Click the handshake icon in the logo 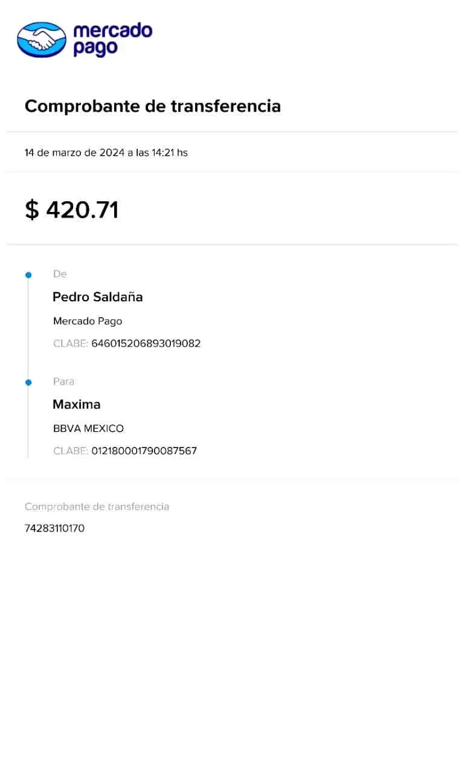pos(41,40)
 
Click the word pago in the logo pos(95,49)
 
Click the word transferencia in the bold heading pos(225,107)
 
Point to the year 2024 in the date pos(112,153)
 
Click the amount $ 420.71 pos(72,210)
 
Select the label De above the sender pos(60,274)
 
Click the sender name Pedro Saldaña pos(98,297)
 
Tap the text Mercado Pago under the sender pos(88,321)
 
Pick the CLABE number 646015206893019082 pos(146,344)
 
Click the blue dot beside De pos(28,275)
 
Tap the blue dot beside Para pos(28,382)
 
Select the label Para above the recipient pos(65,382)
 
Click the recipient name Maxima pos(77,405)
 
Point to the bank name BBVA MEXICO pos(89,429)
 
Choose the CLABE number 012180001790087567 pos(144,451)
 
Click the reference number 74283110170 pos(55,529)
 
